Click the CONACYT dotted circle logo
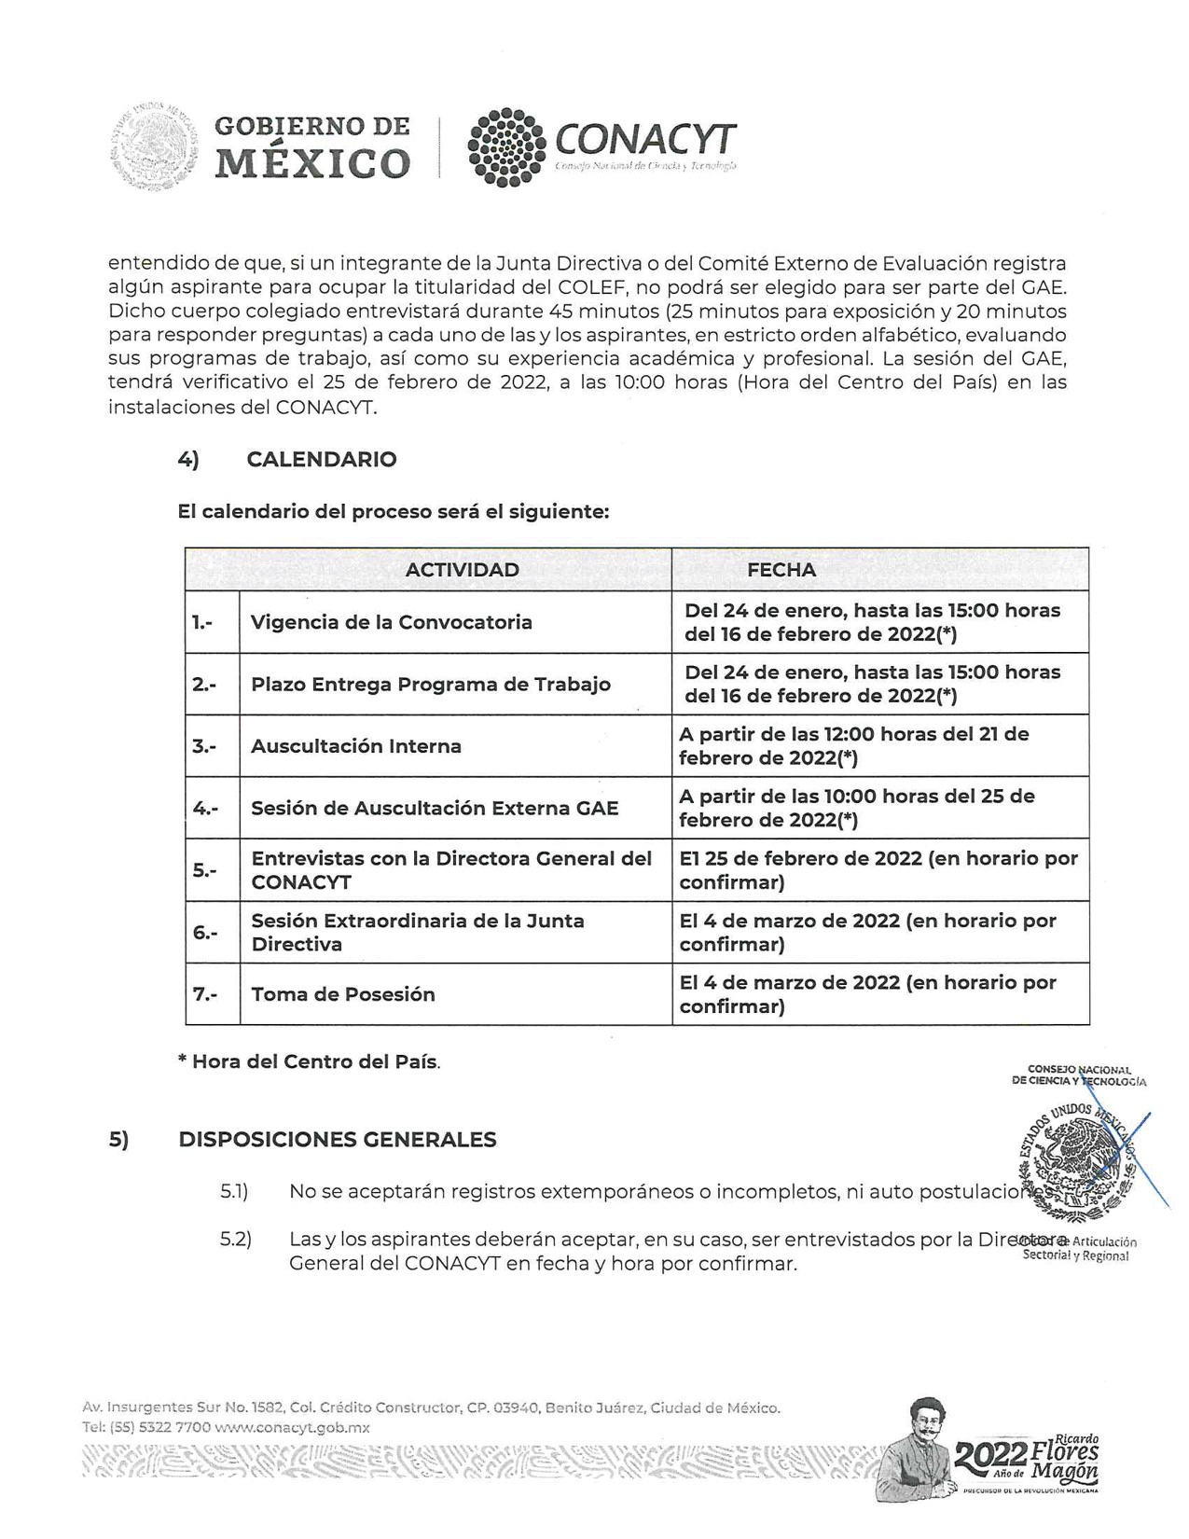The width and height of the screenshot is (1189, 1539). pyautogui.click(x=506, y=148)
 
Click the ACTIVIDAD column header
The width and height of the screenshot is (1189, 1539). pyautogui.click(x=462, y=570)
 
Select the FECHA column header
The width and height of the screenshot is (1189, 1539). pyautogui.click(x=781, y=570)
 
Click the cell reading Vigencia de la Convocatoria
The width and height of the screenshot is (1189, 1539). pyautogui.click(x=392, y=622)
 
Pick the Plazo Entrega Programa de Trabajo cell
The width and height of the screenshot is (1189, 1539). pyautogui.click(x=431, y=684)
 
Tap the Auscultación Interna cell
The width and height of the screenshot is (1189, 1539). pyautogui.click(x=356, y=746)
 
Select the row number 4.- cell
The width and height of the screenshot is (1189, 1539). pyautogui.click(x=205, y=808)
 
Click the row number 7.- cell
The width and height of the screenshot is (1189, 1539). pyautogui.click(x=205, y=994)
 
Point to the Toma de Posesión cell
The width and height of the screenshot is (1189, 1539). pyautogui.click(x=343, y=994)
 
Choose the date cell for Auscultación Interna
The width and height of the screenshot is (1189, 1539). pyautogui.click(x=853, y=746)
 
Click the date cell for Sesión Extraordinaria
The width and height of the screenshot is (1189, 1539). pyautogui.click(x=867, y=932)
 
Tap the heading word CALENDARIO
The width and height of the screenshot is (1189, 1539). pyautogui.click(x=322, y=459)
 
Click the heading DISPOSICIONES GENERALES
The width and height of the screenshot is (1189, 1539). pyautogui.click(x=337, y=1140)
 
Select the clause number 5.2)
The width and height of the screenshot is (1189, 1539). pyautogui.click(x=236, y=1241)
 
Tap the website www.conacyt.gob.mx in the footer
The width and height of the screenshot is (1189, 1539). pyautogui.click(x=292, y=1427)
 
